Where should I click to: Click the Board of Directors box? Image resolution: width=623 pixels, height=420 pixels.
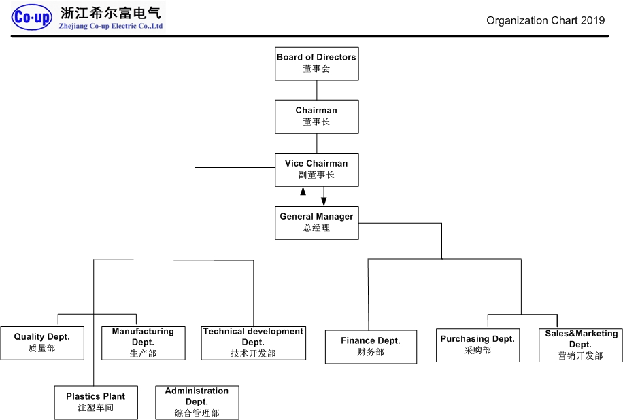click(x=316, y=63)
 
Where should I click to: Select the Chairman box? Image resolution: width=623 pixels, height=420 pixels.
click(x=316, y=116)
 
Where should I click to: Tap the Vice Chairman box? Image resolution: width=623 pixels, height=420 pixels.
click(x=316, y=169)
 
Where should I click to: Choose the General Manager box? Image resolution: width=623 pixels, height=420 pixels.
click(x=316, y=222)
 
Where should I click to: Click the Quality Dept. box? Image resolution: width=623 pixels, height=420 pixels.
click(x=42, y=343)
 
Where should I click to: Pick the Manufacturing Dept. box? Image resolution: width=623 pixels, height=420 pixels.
click(x=143, y=343)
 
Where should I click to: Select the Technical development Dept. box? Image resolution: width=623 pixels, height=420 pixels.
click(x=253, y=343)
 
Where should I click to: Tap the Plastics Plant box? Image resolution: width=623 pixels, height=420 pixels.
click(x=96, y=402)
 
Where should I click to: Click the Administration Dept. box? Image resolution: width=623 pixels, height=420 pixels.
click(x=197, y=402)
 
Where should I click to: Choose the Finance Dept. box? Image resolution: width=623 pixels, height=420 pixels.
click(x=371, y=347)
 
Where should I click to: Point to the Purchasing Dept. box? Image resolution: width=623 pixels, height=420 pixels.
click(x=477, y=345)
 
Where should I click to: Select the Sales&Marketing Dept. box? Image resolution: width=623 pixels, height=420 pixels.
click(x=580, y=345)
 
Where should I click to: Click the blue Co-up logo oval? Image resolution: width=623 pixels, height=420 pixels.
click(x=32, y=18)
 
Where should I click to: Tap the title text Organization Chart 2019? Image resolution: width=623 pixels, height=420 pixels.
click(x=545, y=20)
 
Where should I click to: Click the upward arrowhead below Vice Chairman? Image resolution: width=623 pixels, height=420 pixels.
click(x=303, y=192)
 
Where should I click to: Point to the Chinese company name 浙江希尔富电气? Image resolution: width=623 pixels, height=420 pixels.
click(x=111, y=13)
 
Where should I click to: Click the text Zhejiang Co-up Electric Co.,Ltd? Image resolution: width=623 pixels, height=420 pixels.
click(x=112, y=27)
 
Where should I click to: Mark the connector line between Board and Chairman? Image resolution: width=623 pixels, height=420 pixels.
click(x=316, y=90)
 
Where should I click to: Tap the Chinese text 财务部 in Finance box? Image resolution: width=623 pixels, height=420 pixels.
click(x=371, y=352)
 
